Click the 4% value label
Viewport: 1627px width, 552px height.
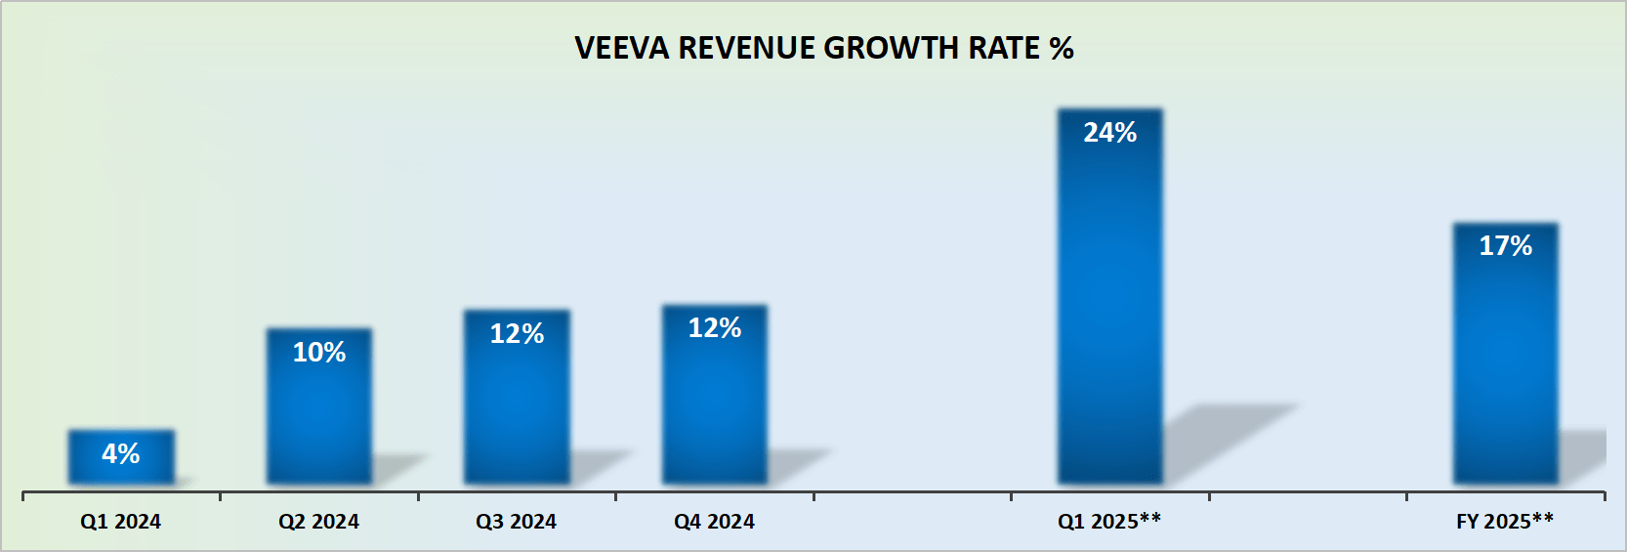pyautogui.click(x=121, y=453)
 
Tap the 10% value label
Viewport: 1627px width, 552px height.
pyautogui.click(x=319, y=352)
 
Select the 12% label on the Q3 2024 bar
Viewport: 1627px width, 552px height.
pyautogui.click(x=517, y=334)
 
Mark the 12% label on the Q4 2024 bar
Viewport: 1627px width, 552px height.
pyautogui.click(x=715, y=328)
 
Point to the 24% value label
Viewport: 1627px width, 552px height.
pyautogui.click(x=1110, y=133)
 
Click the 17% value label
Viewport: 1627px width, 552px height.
pyautogui.click(x=1506, y=246)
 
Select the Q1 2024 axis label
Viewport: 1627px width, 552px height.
pyautogui.click(x=121, y=522)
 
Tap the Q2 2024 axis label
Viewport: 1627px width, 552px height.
pyautogui.click(x=318, y=522)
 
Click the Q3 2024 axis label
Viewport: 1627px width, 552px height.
pyautogui.click(x=517, y=522)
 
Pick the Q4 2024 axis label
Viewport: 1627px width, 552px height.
pyautogui.click(x=714, y=522)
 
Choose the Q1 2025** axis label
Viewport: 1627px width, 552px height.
pyautogui.click(x=1109, y=521)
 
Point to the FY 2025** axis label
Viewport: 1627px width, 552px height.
pyautogui.click(x=1505, y=521)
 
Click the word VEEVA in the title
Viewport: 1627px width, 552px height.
pyautogui.click(x=622, y=48)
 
